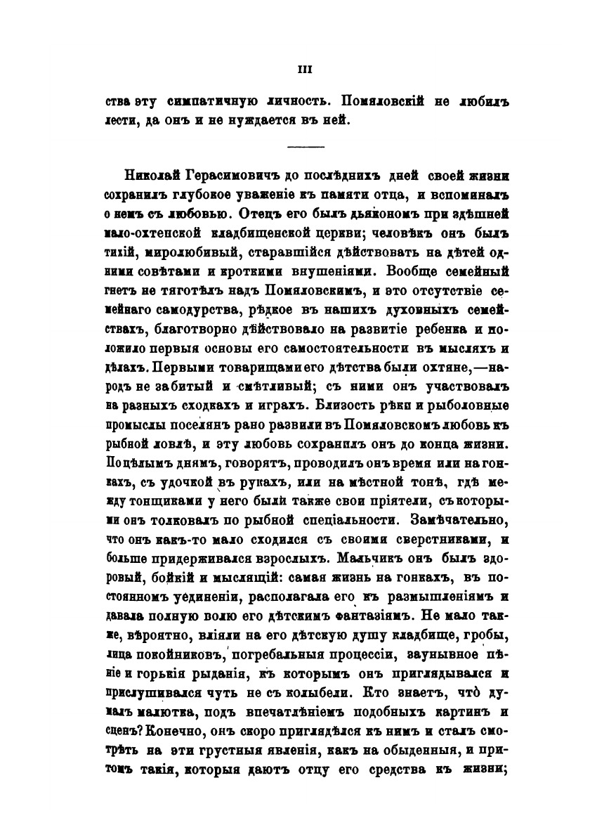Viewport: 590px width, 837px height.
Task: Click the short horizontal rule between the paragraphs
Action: tap(306, 147)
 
